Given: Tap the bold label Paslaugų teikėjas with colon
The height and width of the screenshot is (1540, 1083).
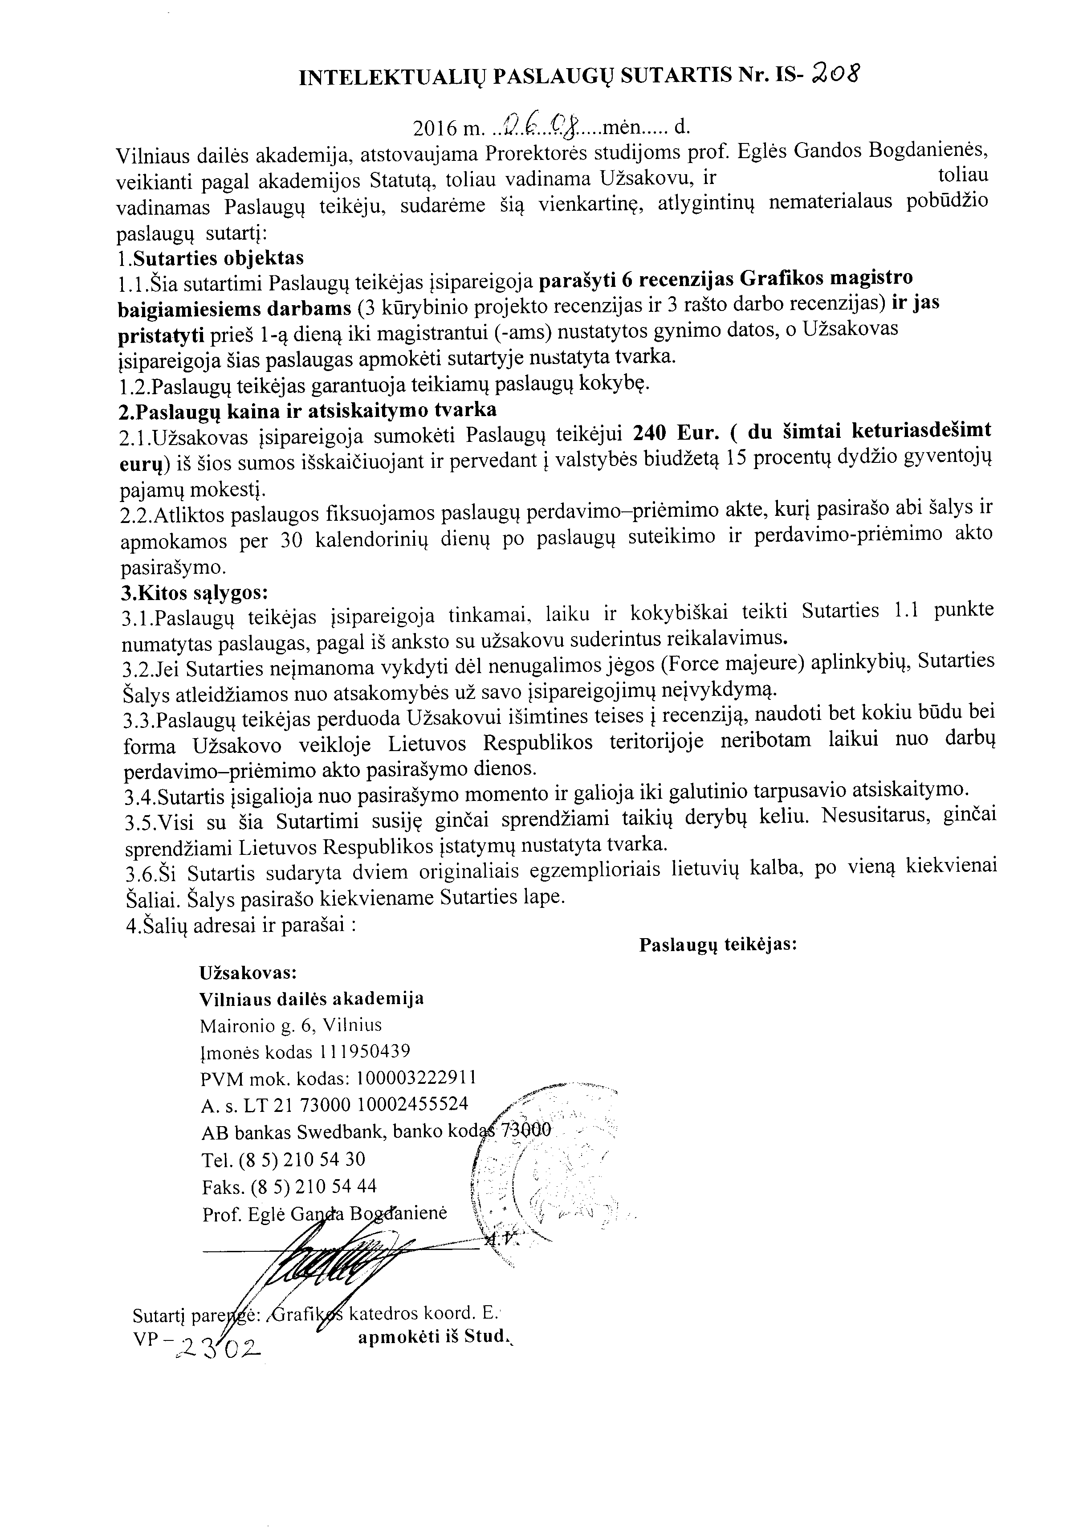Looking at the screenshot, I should point(717,944).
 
